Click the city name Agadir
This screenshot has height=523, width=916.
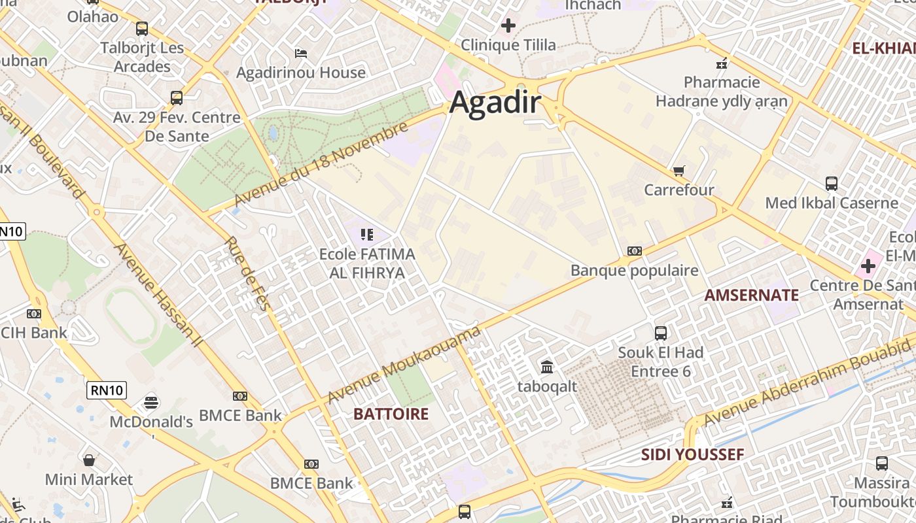[x=495, y=103]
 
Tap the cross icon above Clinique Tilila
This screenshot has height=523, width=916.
[x=508, y=25]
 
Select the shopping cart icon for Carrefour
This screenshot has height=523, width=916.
[x=679, y=171]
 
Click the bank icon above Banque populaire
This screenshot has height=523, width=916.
[x=634, y=251]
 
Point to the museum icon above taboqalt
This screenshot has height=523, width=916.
[x=547, y=367]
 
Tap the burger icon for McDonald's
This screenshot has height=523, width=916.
[x=151, y=401]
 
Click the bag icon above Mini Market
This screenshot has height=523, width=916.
[x=89, y=460]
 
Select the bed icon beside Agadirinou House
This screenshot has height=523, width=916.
[x=301, y=53]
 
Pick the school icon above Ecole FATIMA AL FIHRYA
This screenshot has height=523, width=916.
[x=367, y=234]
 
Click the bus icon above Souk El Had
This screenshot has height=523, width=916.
[x=661, y=333]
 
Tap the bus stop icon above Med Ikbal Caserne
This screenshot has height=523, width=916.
[x=832, y=183]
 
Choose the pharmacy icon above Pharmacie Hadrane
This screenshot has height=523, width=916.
[x=722, y=63]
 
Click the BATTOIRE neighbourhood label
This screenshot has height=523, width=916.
[x=391, y=414]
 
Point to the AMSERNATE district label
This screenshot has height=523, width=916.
[x=751, y=295]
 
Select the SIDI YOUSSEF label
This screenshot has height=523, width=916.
[x=692, y=454]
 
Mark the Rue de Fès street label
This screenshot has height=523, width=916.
[x=248, y=273]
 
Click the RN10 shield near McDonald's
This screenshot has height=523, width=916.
[x=107, y=390]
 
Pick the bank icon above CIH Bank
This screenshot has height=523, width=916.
[x=33, y=314]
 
